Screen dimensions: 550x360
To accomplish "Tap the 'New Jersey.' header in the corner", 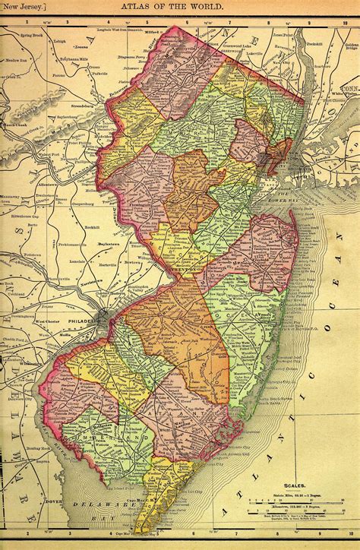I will click(x=23, y=6).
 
